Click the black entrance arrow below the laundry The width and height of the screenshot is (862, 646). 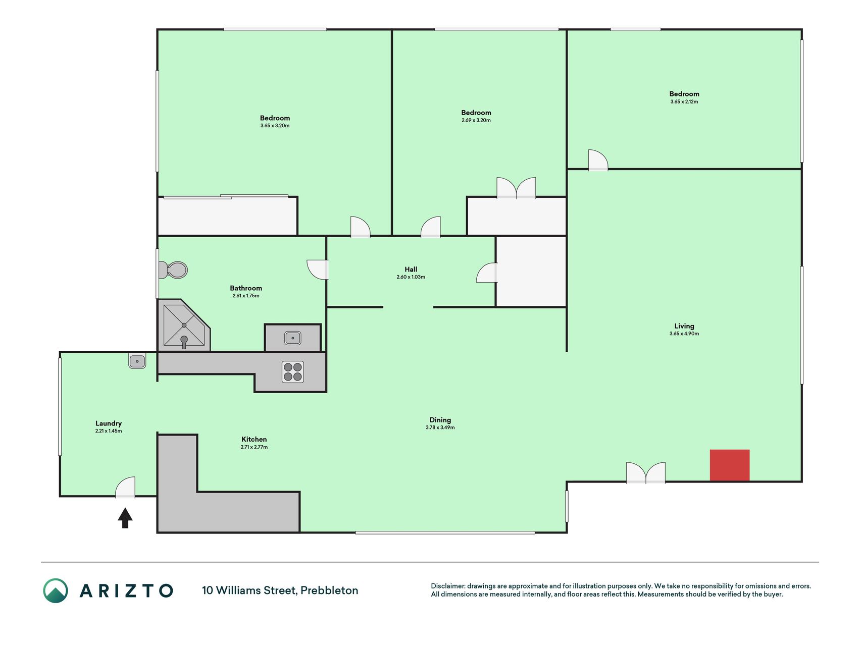(x=125, y=518)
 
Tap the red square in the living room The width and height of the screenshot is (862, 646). (x=730, y=465)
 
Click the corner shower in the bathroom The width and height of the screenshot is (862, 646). (x=184, y=325)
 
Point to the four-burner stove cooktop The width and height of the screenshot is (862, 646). (x=293, y=372)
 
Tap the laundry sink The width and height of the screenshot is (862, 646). (x=137, y=361)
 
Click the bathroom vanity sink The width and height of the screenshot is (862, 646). (x=293, y=338)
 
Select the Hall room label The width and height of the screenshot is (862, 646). (x=411, y=270)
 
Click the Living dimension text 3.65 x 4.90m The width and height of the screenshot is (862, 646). (x=684, y=334)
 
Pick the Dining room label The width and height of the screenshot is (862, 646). (x=440, y=420)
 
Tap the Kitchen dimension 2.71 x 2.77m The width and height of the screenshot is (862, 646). (x=254, y=447)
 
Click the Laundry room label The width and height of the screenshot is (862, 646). (x=109, y=423)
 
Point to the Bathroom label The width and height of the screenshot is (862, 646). (x=246, y=288)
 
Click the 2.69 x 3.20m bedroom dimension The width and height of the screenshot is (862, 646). (x=476, y=120)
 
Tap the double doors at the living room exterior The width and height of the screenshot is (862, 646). (x=646, y=473)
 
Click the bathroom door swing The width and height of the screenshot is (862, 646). (x=318, y=270)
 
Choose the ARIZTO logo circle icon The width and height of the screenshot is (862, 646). (x=56, y=590)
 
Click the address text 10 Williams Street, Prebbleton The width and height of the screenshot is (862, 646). (x=280, y=590)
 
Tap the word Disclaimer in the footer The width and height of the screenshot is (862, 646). (x=447, y=586)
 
